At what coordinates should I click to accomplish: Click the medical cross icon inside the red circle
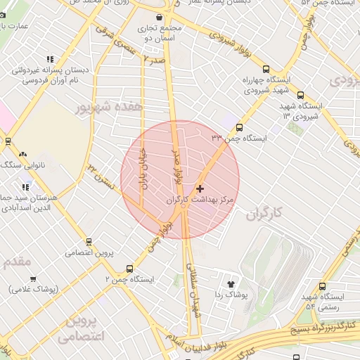201,188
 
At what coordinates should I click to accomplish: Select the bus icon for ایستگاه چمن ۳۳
240,128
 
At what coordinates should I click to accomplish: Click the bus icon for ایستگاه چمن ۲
129,269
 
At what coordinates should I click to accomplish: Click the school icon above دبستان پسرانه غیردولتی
49,60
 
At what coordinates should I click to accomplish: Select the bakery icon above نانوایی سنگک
22,154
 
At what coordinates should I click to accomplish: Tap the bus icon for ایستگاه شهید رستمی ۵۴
323,286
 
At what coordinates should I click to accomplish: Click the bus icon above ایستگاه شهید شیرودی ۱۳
301,95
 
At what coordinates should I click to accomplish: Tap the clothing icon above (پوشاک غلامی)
32,278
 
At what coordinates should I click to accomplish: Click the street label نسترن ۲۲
98,176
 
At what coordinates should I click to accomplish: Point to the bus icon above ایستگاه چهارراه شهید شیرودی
266,69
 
